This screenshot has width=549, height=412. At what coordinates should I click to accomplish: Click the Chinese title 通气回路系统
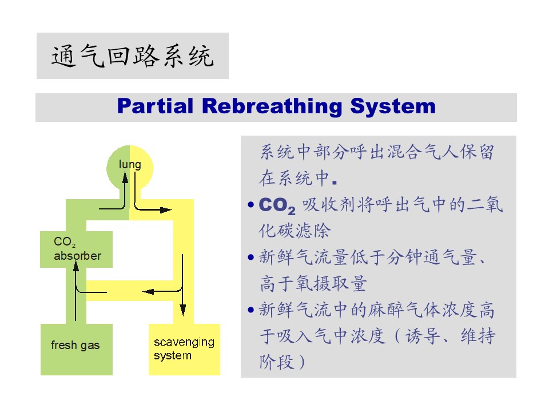click(132, 57)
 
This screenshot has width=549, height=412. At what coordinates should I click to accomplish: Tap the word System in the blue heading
click(393, 106)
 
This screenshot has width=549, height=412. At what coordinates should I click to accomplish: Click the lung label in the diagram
click(130, 165)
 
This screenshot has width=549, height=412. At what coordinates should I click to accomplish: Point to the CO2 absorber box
click(76, 249)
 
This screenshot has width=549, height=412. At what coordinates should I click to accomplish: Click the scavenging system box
click(184, 349)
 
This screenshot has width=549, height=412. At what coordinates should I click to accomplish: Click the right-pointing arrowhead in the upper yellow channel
click(166, 209)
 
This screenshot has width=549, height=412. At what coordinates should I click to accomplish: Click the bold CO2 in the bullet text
click(277, 205)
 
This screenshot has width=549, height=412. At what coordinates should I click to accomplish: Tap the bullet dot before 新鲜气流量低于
click(250, 258)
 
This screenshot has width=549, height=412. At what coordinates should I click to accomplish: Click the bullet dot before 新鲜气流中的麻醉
click(250, 311)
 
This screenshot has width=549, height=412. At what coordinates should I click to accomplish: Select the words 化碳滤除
click(295, 231)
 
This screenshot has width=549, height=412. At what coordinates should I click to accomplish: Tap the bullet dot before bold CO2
click(250, 205)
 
